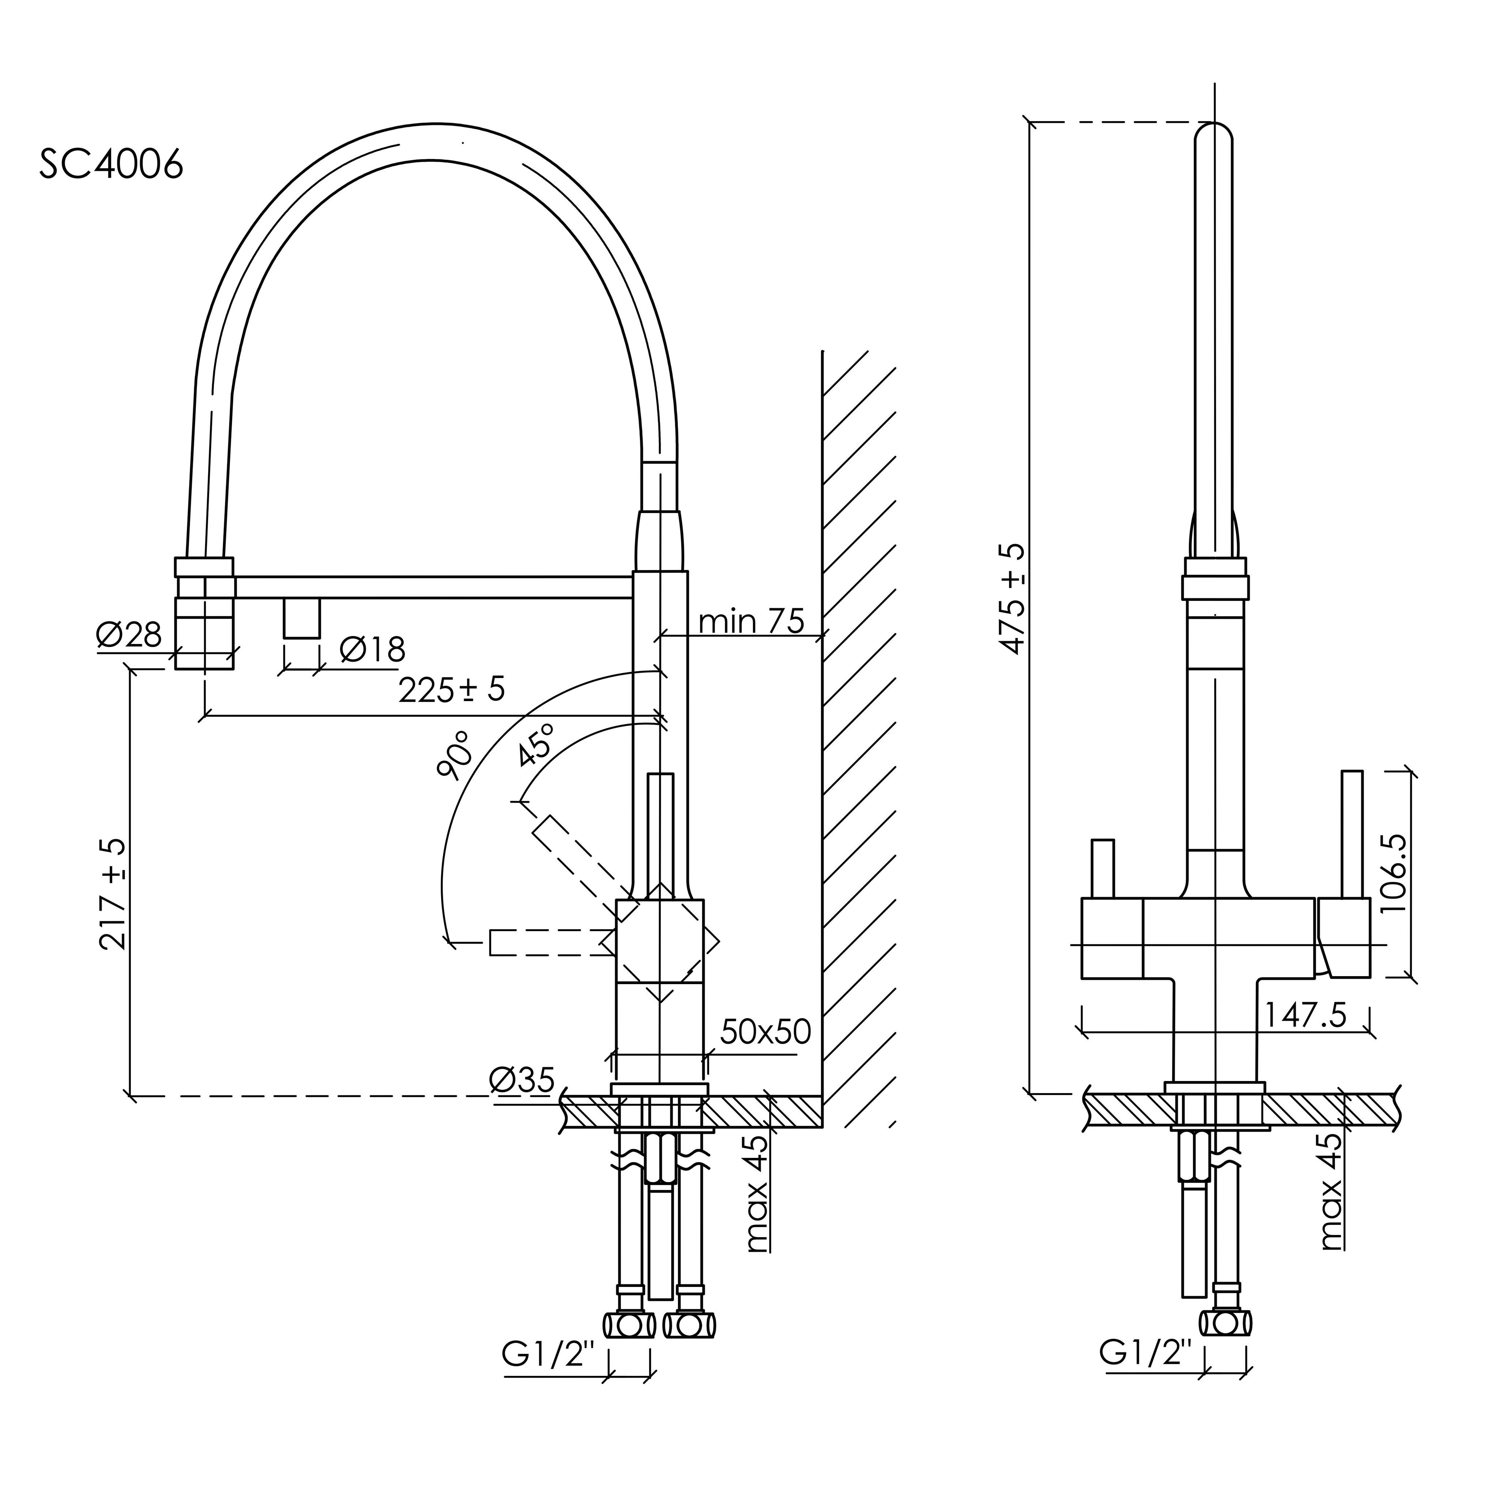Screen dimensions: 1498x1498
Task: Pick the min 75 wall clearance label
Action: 751,621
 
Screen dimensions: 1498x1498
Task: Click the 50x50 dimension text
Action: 765,1032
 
